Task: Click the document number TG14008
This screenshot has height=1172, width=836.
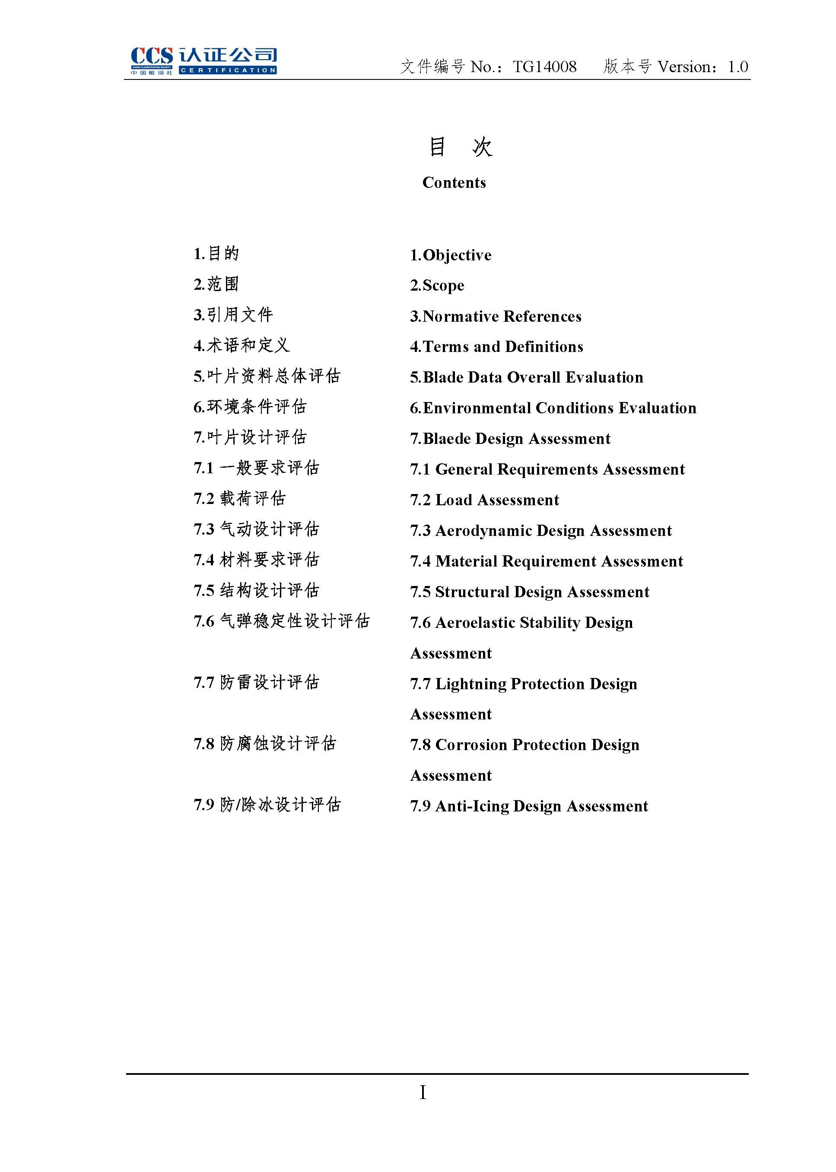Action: click(x=545, y=67)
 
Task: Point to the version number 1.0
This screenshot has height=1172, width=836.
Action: click(x=737, y=67)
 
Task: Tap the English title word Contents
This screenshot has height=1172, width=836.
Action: click(x=454, y=183)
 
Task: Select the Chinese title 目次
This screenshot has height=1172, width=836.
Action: click(x=460, y=147)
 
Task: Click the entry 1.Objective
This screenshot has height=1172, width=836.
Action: click(x=451, y=255)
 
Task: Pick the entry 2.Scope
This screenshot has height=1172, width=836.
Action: click(x=437, y=285)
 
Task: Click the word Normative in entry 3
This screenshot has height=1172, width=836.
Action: click(x=460, y=317)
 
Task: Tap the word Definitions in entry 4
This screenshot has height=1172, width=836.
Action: click(x=544, y=347)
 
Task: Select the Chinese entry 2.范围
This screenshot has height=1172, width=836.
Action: click(x=216, y=285)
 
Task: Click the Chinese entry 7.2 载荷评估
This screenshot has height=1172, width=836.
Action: click(x=239, y=498)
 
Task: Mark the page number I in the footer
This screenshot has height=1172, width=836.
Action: click(x=423, y=1092)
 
